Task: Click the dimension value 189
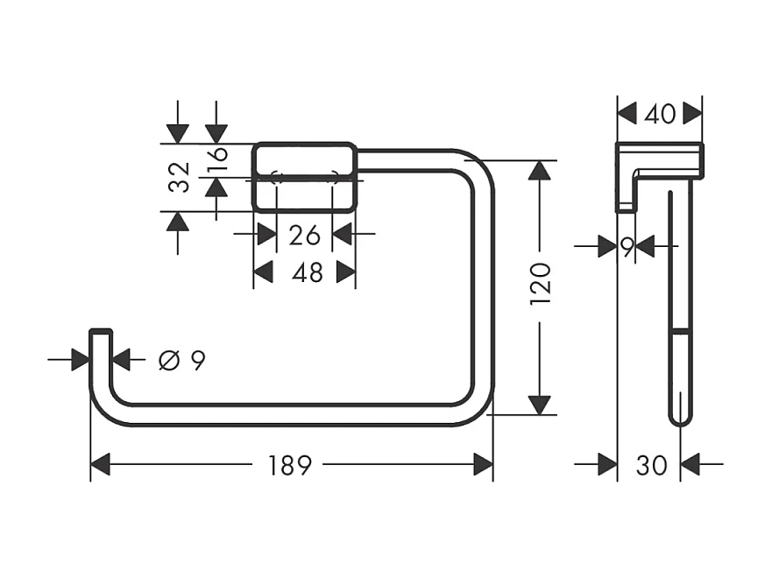290,465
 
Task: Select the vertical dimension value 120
541,282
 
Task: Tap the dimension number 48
307,273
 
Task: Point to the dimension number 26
304,235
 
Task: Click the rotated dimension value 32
179,177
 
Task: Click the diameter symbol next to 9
168,359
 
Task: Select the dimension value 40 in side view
659,114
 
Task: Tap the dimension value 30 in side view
651,466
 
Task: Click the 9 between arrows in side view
627,248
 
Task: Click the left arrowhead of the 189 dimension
101,465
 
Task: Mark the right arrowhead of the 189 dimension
483,465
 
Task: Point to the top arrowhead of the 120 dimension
541,171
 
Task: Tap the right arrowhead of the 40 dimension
693,113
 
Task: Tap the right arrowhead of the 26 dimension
343,235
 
